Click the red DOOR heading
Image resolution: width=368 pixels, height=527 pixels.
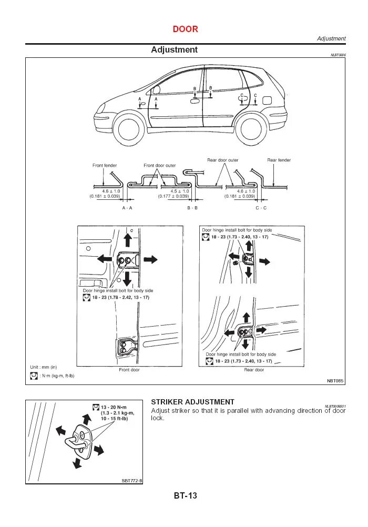tap(185, 29)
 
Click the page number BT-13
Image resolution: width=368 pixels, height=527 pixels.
tap(185, 495)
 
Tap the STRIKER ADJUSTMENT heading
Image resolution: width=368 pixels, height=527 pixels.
tap(192, 402)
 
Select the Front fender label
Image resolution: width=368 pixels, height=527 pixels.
tap(105, 166)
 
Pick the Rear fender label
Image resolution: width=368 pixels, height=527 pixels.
tap(279, 160)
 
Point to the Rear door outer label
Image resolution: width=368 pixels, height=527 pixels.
tap(222, 160)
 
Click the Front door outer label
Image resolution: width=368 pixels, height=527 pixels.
tap(160, 166)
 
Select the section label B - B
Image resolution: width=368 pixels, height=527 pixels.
tap(192, 208)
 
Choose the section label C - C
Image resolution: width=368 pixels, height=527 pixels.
tap(261, 208)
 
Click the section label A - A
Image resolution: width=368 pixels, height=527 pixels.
tap(127, 208)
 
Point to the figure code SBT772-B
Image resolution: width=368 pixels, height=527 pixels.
tap(132, 480)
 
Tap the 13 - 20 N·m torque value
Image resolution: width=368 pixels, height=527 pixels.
tap(114, 408)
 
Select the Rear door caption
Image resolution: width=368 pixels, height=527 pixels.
tap(254, 370)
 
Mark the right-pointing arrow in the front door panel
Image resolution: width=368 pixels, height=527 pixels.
tap(151, 260)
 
